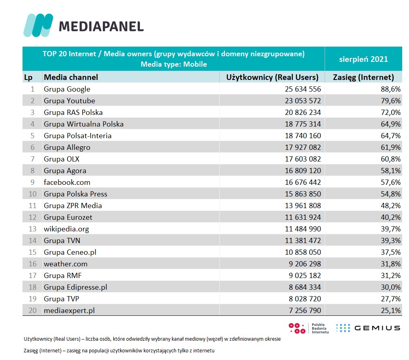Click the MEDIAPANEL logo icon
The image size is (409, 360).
pos(38,25)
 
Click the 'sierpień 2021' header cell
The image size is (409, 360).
pos(363,59)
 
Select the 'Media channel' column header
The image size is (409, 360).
pos(71,77)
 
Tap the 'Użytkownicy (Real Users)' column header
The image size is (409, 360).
pos(272,77)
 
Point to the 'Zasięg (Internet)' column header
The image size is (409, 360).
pos(364,77)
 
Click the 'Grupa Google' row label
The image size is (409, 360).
pos(67,89)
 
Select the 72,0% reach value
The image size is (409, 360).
pos(391,112)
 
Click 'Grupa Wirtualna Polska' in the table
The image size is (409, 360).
pos(84,124)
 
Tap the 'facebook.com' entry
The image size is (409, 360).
pos(67,182)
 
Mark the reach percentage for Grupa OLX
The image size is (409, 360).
pos(391,159)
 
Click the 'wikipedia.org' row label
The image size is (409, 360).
pos(66,229)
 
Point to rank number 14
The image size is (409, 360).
pos(32,241)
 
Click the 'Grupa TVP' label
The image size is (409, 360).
pos(61,299)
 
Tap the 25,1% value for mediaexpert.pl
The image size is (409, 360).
pos(391,311)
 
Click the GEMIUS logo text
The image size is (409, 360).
pos(377,328)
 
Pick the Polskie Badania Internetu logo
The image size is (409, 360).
pos(309,328)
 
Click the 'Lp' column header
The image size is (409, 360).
pos(28,77)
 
